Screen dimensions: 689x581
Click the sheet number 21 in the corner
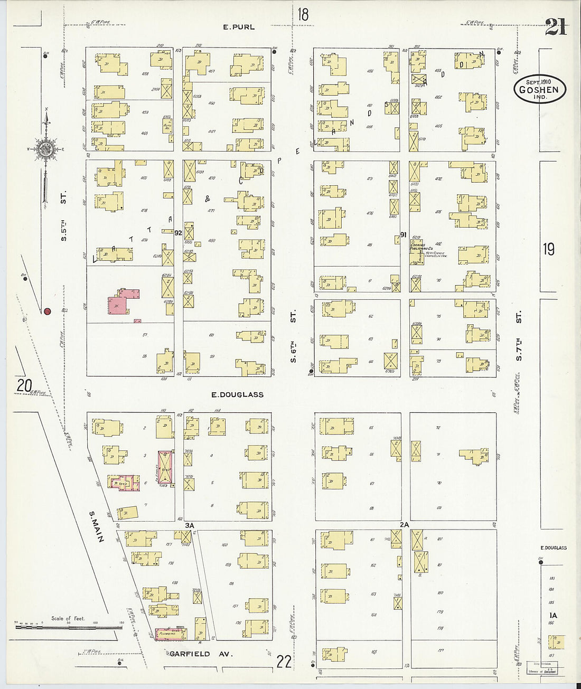coord(556,27)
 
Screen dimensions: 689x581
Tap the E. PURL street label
coord(238,27)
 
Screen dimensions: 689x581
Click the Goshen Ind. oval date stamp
coord(539,89)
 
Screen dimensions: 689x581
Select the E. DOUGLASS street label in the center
coord(237,394)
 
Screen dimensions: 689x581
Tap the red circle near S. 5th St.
coord(47,312)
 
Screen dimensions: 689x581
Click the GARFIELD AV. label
coord(190,654)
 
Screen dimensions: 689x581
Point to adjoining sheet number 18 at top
coord(302,14)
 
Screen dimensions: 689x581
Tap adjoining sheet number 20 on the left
coord(24,386)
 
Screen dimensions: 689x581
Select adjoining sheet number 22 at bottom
coord(284,661)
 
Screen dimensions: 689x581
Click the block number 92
coord(178,232)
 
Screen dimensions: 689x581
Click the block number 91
coord(403,235)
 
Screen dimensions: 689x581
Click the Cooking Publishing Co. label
coord(423,246)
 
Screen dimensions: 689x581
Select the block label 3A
coord(190,525)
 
